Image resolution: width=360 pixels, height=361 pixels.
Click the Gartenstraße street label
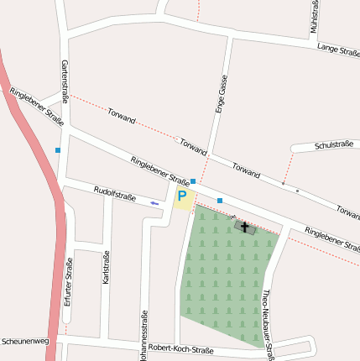tap(64, 81)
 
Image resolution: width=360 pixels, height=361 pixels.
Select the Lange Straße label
tap(338, 50)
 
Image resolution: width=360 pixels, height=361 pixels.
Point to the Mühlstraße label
tap(314, 17)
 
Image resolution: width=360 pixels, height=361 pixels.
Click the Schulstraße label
tap(333, 145)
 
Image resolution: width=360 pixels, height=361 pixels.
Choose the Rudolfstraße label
tap(114, 194)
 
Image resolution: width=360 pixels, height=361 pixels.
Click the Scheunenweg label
tap(25, 342)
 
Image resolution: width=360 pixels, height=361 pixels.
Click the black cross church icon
tap(244, 226)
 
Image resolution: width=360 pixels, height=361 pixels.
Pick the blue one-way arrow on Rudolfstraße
tap(154, 203)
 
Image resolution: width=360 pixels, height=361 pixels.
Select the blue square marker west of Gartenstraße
tap(58, 150)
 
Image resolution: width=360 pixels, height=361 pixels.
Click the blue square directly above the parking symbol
tap(193, 181)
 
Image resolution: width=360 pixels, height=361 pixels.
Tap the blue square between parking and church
tap(220, 201)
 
